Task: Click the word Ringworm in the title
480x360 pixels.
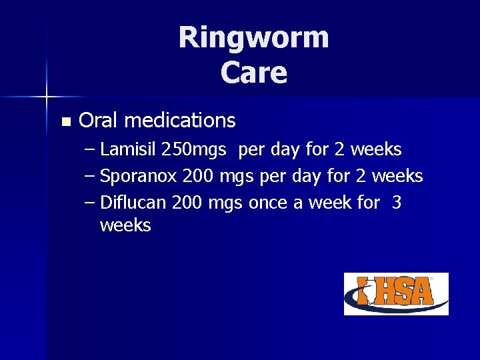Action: [253, 37]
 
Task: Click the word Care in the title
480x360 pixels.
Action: [254, 73]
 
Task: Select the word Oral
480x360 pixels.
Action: [99, 121]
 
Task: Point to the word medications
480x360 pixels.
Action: [179, 121]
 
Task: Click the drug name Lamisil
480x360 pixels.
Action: [128, 149]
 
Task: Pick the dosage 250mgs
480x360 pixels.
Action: [194, 149]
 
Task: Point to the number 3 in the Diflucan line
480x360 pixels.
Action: [397, 203]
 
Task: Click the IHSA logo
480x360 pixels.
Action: [396, 293]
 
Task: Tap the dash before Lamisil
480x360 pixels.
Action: [91, 150]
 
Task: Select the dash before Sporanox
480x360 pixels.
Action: [91, 177]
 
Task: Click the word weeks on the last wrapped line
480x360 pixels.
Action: [125, 225]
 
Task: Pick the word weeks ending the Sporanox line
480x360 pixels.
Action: [397, 176]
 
